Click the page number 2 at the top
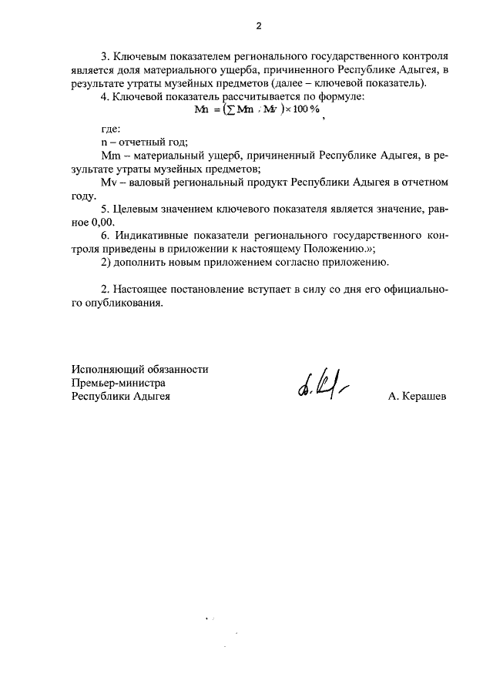[259, 26]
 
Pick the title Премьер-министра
[119, 383]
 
